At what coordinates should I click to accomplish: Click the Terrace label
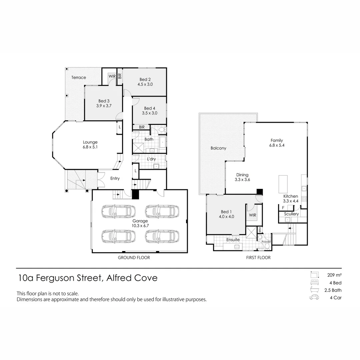click(79, 77)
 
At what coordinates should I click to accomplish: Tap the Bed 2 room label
click(145, 79)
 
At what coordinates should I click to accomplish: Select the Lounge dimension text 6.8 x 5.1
click(90, 147)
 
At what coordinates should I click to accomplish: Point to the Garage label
click(140, 221)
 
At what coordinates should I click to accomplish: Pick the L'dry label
click(151, 159)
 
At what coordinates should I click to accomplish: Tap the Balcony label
click(218, 148)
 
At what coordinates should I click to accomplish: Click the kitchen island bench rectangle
click(283, 184)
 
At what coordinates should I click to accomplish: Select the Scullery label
click(291, 214)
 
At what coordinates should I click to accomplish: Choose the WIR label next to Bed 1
click(252, 215)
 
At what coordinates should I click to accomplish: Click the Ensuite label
click(233, 240)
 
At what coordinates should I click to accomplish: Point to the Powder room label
click(266, 242)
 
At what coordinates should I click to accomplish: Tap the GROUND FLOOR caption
click(134, 257)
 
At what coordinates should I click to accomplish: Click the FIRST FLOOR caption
click(258, 257)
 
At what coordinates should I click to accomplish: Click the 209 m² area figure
click(333, 275)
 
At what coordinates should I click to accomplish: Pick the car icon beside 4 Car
click(314, 298)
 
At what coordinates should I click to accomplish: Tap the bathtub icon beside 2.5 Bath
click(314, 290)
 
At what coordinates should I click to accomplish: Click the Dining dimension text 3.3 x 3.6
click(242, 180)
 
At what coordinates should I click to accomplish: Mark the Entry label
click(115, 179)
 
